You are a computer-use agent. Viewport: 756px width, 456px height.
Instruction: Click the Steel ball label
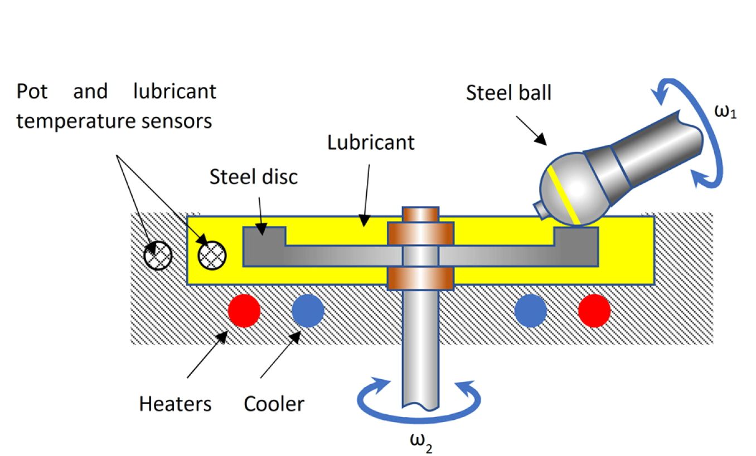[508, 93]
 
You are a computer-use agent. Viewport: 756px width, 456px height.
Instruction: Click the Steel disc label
[254, 176]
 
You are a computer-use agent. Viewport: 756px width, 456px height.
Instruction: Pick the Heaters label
[175, 404]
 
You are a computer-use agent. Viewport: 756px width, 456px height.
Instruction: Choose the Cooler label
[274, 404]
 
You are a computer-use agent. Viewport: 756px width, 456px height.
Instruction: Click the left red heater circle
[244, 310]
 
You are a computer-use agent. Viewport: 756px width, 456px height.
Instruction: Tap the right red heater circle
[594, 310]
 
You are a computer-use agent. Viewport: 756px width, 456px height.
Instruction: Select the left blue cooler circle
[308, 310]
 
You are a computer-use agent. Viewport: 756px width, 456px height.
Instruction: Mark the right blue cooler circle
[530, 310]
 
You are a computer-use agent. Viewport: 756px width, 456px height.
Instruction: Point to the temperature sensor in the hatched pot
[158, 256]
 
